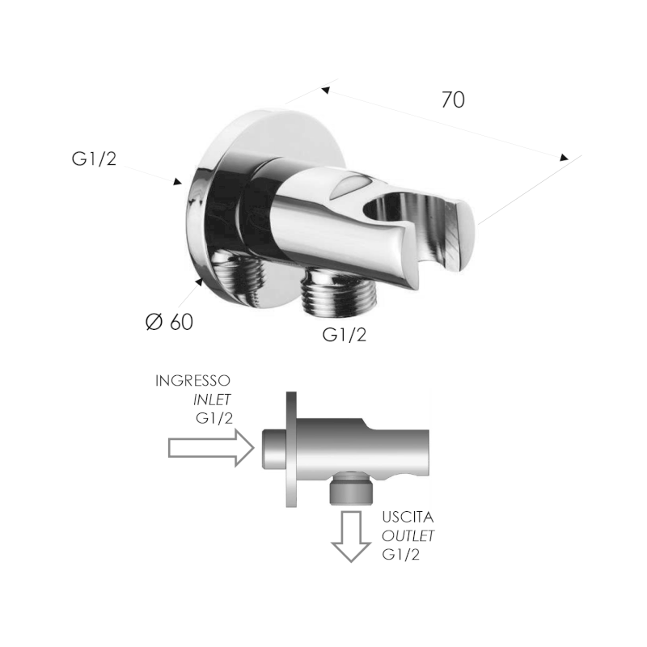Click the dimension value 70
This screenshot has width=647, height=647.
(453, 99)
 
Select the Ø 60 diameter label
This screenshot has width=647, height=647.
(170, 322)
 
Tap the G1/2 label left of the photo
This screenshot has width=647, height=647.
(95, 159)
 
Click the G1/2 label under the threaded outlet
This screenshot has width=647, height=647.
(345, 335)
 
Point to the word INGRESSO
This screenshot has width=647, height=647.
(192, 381)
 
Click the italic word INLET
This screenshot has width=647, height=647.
(212, 400)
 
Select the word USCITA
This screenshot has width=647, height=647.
(408, 517)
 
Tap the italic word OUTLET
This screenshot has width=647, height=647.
(408, 535)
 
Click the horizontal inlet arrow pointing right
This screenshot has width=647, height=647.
(211, 448)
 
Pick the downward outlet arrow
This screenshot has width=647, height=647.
(351, 536)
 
